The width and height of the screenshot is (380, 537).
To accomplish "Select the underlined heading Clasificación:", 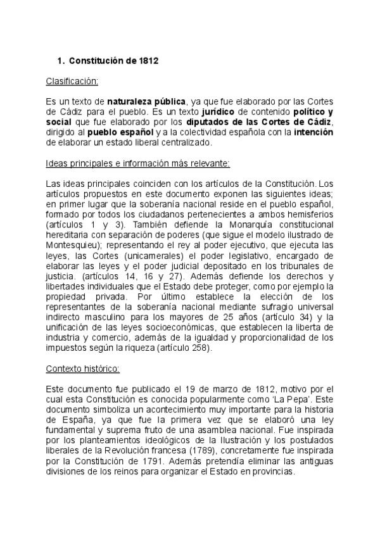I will click(x=72, y=81).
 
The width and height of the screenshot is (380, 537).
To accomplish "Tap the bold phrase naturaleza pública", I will click(x=146, y=101).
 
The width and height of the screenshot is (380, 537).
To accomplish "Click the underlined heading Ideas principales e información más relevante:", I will click(x=138, y=163).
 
